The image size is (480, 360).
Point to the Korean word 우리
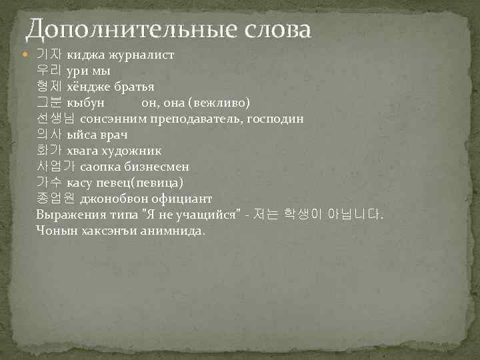click(x=49, y=71)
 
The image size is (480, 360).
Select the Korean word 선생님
click(x=56, y=119)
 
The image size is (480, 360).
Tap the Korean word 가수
click(x=49, y=183)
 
